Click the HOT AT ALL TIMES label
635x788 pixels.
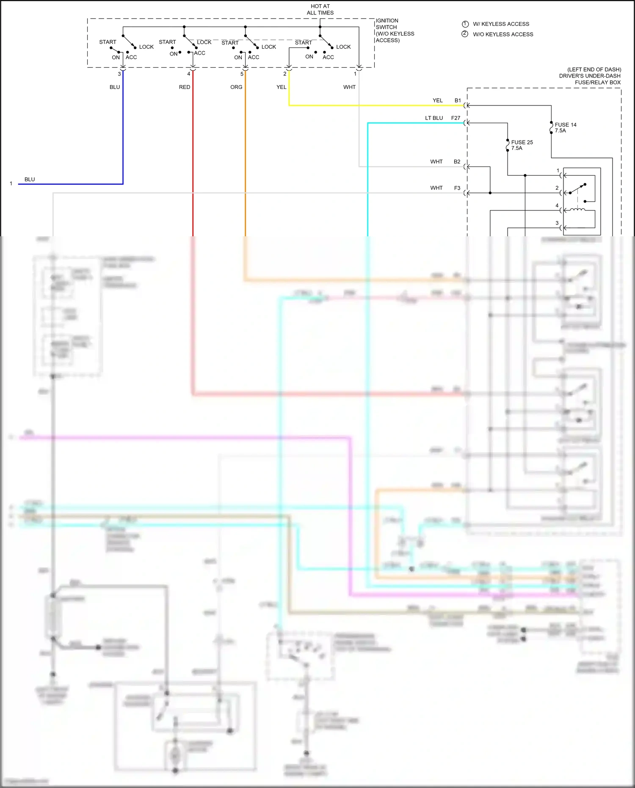click(x=320, y=9)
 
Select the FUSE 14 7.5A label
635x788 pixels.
click(x=565, y=127)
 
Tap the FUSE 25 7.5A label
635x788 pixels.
click(x=522, y=145)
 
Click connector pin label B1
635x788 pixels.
click(x=458, y=100)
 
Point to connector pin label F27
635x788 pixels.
click(x=456, y=118)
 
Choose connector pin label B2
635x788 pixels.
click(x=457, y=162)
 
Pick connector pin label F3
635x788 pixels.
click(x=457, y=188)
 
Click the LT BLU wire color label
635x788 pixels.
click(x=434, y=118)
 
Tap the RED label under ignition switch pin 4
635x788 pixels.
click(x=185, y=87)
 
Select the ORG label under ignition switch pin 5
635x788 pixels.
click(x=236, y=87)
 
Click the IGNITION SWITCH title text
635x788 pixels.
click(x=395, y=30)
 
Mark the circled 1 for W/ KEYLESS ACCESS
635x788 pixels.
click(x=465, y=24)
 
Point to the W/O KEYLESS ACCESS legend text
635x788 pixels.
click(x=503, y=34)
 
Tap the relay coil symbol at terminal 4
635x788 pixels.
click(x=577, y=210)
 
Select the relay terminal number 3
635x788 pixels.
click(x=557, y=223)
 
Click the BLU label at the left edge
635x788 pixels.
click(x=30, y=180)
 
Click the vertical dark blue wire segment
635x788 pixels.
click(x=123, y=135)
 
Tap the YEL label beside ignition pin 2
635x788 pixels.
click(x=282, y=87)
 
